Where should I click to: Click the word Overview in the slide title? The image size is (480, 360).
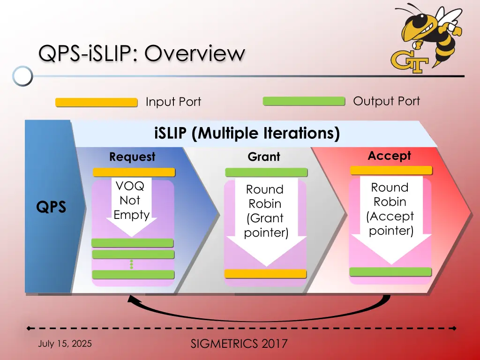coord(195,53)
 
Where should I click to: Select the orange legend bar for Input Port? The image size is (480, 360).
coord(97,102)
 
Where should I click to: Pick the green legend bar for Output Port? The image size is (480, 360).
coord(304,101)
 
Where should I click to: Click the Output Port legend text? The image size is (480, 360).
coord(386,101)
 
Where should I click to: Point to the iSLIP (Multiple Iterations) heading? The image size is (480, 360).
coord(247,133)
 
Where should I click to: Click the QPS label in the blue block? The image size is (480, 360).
coord(51,207)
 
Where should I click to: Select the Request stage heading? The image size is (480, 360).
coord(132,157)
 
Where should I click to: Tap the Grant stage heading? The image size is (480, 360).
coord(264,157)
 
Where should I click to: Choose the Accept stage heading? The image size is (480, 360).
coord(390,156)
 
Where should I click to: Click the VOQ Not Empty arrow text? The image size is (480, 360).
coord(131,201)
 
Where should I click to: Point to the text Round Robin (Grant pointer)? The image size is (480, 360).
coord(266,211)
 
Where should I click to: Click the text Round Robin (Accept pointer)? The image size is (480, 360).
coord(390,209)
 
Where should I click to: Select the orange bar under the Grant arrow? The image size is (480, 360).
coord(265,274)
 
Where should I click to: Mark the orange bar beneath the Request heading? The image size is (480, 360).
coord(134,172)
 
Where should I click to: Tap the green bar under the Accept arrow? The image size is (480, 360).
coord(390,272)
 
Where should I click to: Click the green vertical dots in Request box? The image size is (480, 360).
coord(132,264)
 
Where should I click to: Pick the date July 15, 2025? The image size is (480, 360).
coord(65,344)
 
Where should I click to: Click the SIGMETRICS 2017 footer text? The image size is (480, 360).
coord(239,344)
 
